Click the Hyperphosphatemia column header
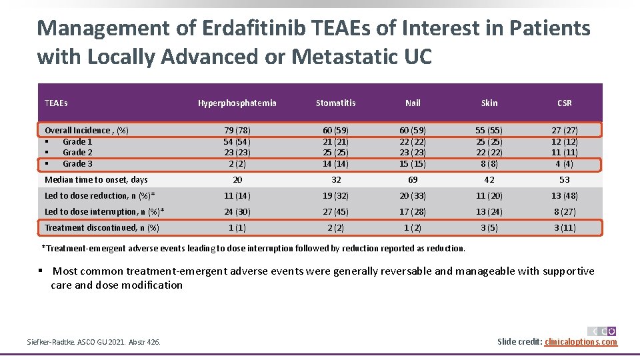237,103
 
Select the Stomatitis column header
335,103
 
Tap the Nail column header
413,103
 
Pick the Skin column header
489,103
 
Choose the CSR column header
564,103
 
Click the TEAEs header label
56,103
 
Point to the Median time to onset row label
96,179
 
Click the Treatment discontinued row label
101,228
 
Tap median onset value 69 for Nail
413,180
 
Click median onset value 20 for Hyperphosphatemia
237,180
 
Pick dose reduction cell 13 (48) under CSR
564,196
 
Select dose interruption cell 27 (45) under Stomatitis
335,212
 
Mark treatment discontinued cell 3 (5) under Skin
489,228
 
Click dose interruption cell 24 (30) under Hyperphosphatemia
237,212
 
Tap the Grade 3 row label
77,164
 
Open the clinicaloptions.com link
581,342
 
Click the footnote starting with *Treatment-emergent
253,249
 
